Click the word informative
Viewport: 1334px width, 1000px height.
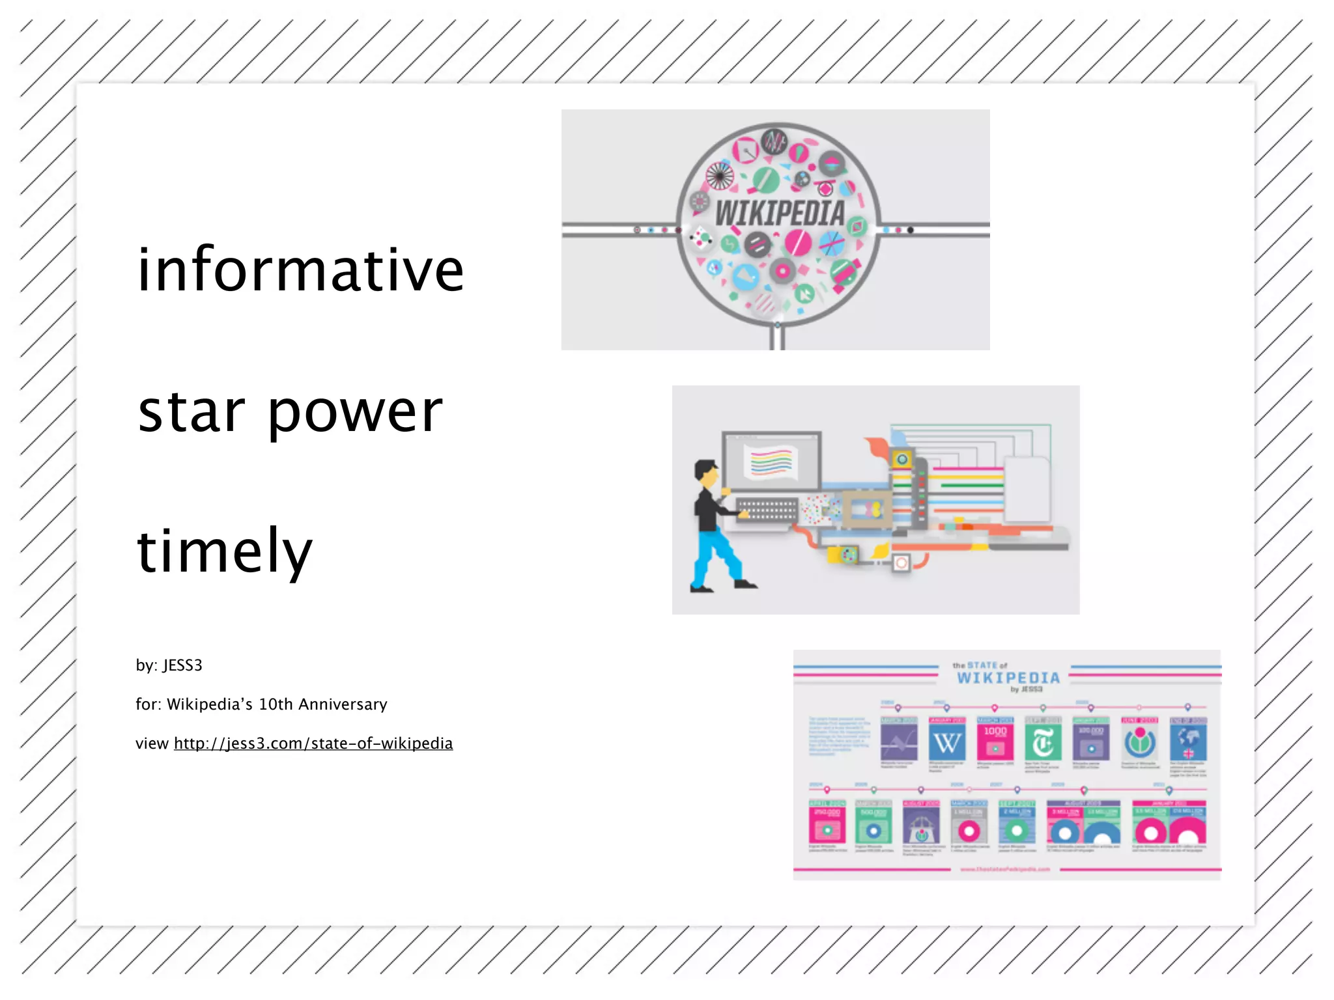tap(300, 270)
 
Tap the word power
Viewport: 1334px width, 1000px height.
tap(355, 414)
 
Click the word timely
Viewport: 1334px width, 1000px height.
tap(225, 552)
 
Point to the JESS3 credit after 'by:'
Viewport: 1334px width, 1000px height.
tap(182, 665)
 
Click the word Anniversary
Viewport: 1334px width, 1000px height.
tap(343, 704)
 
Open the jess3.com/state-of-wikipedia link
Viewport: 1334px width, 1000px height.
tap(313, 743)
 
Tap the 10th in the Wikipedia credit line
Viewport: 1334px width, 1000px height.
tap(276, 704)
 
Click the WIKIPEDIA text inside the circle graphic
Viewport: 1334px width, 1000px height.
tap(780, 214)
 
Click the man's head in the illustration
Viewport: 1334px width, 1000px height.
tap(706, 473)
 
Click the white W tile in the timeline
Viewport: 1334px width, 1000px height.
tap(946, 742)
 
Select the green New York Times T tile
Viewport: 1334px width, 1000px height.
tap(1043, 742)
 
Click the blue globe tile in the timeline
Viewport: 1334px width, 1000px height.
tap(1188, 742)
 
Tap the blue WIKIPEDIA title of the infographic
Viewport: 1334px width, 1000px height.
tap(1008, 678)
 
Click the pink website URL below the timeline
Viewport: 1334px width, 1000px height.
tap(1005, 869)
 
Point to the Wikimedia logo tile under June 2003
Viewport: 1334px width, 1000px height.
tap(1140, 742)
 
